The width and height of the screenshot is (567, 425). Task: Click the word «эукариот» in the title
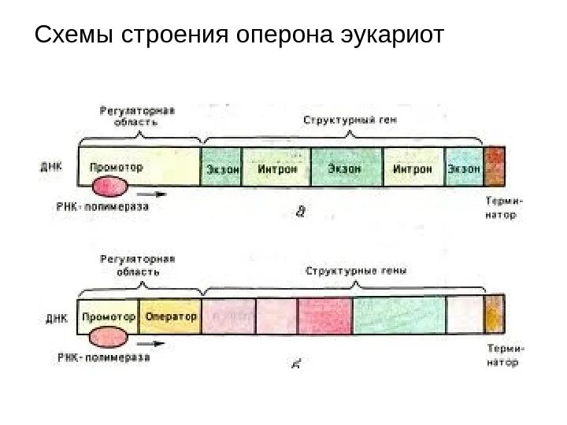[391, 35]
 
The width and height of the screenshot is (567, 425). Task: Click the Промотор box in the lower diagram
[109, 316]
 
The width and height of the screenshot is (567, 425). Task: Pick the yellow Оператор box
[170, 316]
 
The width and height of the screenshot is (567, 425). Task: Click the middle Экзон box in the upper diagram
[346, 167]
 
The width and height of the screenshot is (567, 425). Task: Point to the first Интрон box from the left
[276, 167]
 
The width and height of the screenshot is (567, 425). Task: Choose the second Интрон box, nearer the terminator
[413, 167]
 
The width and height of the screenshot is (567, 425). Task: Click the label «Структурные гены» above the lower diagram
[356, 271]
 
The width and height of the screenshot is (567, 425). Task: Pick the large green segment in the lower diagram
[398, 316]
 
